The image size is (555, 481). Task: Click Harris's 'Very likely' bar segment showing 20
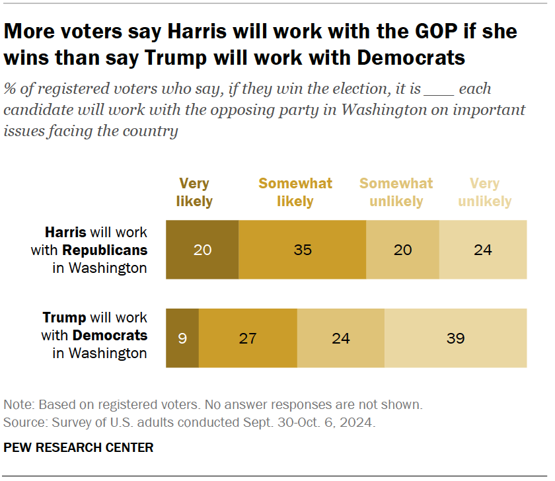(202, 250)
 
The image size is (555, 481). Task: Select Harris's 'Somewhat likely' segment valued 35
(302, 250)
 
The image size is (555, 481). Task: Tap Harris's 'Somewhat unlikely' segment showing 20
(402, 250)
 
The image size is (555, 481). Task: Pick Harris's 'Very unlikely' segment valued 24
(483, 250)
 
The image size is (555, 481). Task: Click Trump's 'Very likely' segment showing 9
(182, 338)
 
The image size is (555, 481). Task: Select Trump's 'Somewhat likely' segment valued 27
(248, 338)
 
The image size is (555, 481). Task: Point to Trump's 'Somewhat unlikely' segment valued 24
(340, 338)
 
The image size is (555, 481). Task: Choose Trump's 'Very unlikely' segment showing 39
(455, 338)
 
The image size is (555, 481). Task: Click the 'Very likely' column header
(194, 192)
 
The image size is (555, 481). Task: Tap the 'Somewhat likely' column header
(295, 192)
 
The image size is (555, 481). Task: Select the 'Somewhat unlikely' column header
(396, 192)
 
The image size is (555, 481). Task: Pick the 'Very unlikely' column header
(485, 192)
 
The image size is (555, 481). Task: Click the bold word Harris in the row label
(65, 233)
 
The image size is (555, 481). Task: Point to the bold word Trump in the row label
(63, 318)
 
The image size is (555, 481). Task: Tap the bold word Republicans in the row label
(104, 250)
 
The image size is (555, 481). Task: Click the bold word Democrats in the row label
(110, 336)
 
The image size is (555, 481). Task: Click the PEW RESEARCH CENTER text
(79, 447)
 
